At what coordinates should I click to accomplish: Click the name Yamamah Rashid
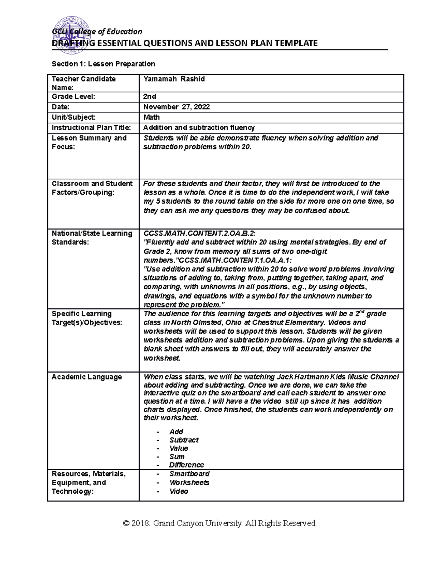[x=174, y=79]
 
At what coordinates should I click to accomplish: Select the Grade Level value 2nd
[x=150, y=97]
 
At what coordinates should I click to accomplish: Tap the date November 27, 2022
[x=176, y=107]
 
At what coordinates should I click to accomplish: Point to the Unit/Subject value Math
[x=151, y=117]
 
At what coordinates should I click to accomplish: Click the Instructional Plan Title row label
[x=91, y=128]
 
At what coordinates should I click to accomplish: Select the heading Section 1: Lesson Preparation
[x=103, y=64]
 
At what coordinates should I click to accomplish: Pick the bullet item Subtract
[x=184, y=440]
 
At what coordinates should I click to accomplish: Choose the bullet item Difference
[x=187, y=465]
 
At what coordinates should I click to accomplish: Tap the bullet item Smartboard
[x=189, y=473]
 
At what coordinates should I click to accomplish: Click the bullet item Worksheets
[x=189, y=482]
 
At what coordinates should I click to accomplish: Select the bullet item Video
[x=179, y=491]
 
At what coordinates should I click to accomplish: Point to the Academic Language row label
[x=87, y=377]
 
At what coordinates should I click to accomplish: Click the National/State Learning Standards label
[x=92, y=237]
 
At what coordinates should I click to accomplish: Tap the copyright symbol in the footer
[x=127, y=523]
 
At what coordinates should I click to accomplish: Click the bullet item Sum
[x=177, y=457]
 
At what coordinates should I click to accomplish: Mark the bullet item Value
[x=179, y=448]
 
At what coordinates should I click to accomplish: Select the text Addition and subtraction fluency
[x=199, y=128]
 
